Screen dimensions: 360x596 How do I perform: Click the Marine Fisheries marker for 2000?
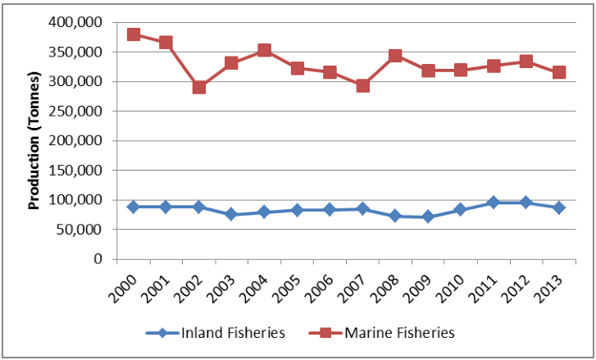[x=134, y=34]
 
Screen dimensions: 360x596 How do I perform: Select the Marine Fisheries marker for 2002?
[x=199, y=87]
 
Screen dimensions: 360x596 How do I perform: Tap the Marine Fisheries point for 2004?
[x=264, y=50]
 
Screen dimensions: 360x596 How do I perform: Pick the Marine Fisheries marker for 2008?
[x=395, y=56]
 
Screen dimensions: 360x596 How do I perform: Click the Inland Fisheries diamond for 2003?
[x=232, y=214]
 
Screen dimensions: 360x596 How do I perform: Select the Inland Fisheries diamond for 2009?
[x=428, y=216]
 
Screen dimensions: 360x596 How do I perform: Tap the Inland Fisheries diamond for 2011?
[x=494, y=202]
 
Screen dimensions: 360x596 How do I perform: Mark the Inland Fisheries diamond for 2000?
[x=134, y=207]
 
